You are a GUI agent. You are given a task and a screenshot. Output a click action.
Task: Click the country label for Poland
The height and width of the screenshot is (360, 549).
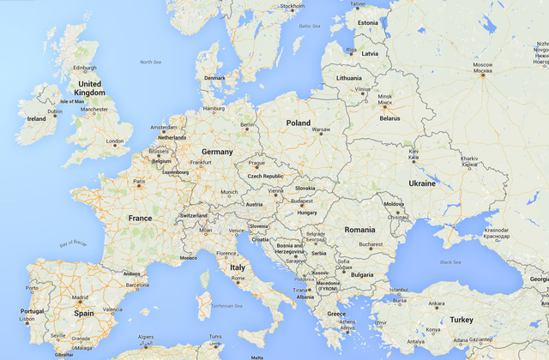[299, 123]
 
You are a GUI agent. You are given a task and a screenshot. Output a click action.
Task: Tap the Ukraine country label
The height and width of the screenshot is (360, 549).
[421, 183]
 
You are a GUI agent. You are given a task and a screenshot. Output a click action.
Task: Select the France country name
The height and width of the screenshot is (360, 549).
[140, 219]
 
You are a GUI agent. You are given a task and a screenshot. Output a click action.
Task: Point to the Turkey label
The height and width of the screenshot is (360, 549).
[462, 319]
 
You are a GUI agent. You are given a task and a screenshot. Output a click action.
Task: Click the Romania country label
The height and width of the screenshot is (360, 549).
[359, 230]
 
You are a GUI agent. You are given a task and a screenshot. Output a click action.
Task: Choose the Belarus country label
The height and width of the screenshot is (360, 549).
[390, 118]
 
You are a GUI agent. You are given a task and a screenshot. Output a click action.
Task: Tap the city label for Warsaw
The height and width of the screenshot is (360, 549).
[321, 129]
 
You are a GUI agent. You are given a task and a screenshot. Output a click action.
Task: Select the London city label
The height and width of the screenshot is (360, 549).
[114, 141]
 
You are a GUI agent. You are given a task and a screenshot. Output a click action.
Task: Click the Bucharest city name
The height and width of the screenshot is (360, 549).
[371, 244]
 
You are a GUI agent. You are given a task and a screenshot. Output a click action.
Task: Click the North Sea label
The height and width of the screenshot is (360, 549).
[150, 62]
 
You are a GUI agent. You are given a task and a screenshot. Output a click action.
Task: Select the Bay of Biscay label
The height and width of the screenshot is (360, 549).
[74, 244]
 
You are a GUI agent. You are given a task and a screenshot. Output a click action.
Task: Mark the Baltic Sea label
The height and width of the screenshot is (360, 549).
[310, 26]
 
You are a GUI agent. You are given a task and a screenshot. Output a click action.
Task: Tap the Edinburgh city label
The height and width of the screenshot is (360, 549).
[84, 68]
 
